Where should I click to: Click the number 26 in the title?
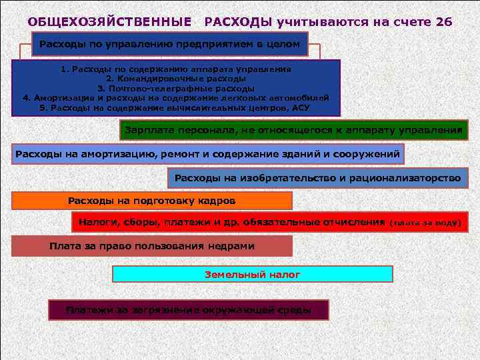pyautogui.click(x=443, y=22)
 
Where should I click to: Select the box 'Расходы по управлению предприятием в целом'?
pyautogui.click(x=170, y=45)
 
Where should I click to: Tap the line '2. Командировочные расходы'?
pyautogui.click(x=175, y=78)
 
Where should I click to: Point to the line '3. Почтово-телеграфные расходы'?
pyautogui.click(x=175, y=88)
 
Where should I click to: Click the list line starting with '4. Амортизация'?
pyautogui.click(x=175, y=97)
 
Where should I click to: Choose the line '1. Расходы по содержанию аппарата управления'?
pyautogui.click(x=175, y=69)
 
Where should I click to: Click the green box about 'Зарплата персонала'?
pyautogui.click(x=293, y=130)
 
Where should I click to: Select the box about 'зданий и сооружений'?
pyautogui.click(x=208, y=155)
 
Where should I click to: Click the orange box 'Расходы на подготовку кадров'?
pyautogui.click(x=152, y=201)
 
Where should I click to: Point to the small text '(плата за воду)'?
pyautogui.click(x=425, y=223)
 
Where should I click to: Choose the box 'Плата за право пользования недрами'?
pyautogui.click(x=152, y=246)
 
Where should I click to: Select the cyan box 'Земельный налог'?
pyautogui.click(x=252, y=274)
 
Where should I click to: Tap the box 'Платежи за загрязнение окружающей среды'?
pyautogui.click(x=188, y=310)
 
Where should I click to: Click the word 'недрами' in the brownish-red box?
pyautogui.click(x=230, y=246)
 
